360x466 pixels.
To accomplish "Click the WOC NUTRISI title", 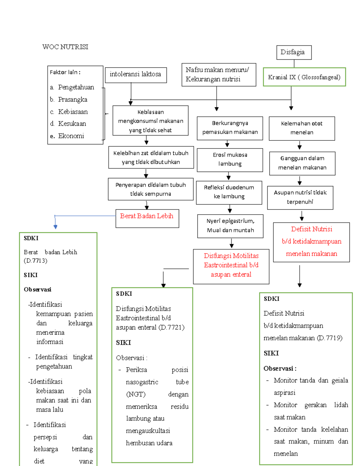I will pos(65,47).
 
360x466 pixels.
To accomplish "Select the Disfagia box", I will pos(294,53).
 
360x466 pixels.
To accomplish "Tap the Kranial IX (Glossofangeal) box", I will pos(304,77).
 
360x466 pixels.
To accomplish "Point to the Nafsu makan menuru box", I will pos(219,75).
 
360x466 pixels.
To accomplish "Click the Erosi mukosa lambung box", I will pos(230,160).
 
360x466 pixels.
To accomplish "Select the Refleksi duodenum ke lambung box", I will pos(229,192).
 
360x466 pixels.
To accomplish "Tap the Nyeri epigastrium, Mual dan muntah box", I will pos(230,226).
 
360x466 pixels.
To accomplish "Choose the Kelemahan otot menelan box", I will pos(302,128).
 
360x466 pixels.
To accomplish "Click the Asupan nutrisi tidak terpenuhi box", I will pos(300,197).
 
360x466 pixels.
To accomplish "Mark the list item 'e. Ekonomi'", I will pos(67,136).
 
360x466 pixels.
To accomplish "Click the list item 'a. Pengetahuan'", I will pos(72,87).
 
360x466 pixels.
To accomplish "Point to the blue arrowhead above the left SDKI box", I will pos(55,227).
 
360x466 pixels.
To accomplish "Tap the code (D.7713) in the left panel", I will pos(35,260).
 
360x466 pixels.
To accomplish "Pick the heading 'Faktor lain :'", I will pos(65,72).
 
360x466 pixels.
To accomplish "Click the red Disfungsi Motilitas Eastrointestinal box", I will pos(231,266).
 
